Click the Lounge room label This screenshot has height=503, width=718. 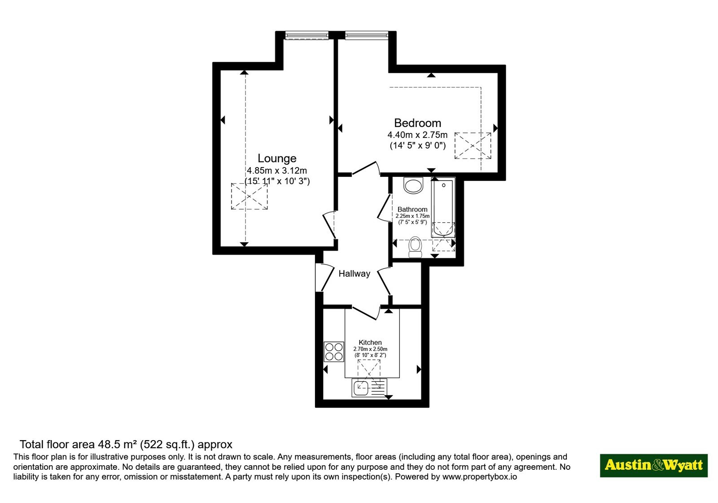277,158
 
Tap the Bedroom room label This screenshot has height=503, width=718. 417,123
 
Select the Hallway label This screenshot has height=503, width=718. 354,274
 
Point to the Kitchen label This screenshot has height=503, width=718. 370,342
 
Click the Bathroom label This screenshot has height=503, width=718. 412,209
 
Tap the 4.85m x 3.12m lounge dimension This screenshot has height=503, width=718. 276,170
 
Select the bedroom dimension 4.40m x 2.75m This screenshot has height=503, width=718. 417,135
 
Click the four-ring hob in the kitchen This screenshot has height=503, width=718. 334,352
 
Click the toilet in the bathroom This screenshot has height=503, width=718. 415,247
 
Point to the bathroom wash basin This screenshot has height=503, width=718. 413,185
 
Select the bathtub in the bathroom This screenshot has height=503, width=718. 443,209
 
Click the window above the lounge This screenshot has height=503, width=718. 307,35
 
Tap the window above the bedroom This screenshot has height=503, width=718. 367,35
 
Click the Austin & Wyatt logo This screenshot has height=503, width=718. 653,465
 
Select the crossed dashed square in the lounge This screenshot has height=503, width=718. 249,196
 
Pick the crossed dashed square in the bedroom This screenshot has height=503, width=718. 473,146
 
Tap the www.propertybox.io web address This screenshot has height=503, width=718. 480,477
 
